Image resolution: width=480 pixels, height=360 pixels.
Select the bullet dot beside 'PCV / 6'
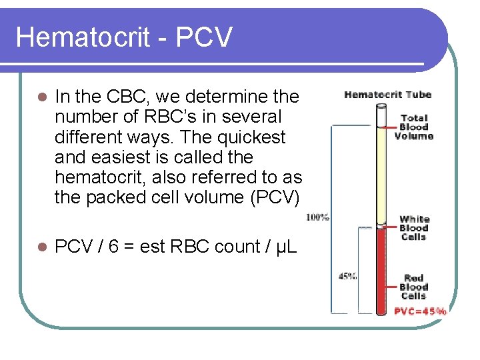click(41, 247)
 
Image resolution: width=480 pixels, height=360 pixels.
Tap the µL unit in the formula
click(283, 247)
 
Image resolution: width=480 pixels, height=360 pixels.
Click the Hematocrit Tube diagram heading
click(387, 95)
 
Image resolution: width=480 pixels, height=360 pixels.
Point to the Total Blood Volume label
click(413, 127)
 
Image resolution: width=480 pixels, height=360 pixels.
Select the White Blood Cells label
click(414, 228)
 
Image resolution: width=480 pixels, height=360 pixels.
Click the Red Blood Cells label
click(414, 287)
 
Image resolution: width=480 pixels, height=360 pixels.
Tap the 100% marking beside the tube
click(317, 217)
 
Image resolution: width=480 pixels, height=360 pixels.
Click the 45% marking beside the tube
click(347, 276)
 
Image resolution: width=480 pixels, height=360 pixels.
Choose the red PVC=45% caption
click(420, 311)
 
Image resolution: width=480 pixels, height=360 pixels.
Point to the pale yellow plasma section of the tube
click(382, 173)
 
